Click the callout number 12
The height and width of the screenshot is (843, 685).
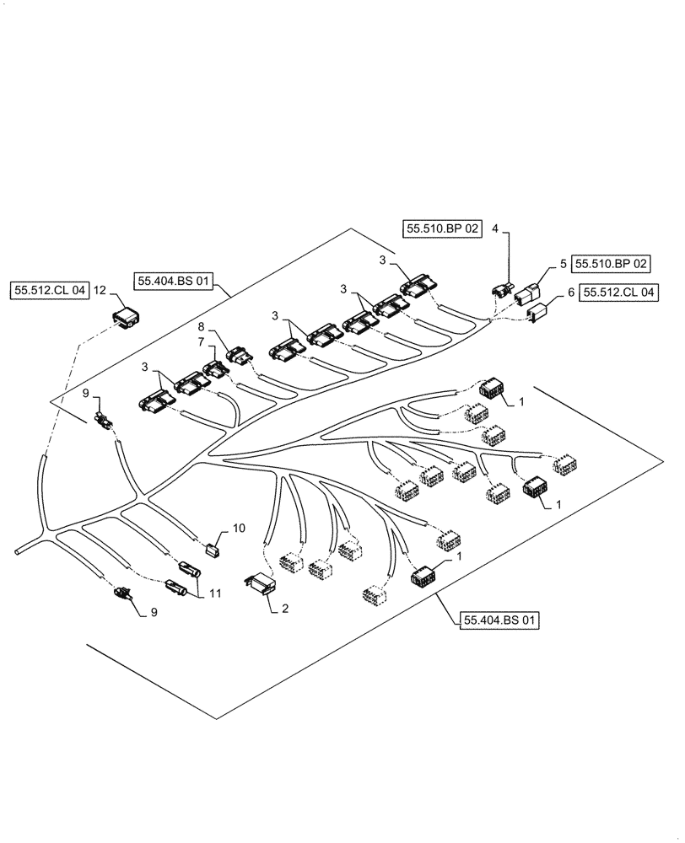100,291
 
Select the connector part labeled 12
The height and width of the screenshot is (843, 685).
127,318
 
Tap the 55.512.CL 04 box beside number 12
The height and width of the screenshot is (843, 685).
50,291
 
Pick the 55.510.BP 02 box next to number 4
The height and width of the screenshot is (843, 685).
442,228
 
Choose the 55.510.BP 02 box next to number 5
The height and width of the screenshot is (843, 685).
612,264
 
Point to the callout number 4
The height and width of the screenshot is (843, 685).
495,228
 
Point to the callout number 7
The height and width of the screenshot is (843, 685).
201,341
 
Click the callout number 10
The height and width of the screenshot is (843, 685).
239,529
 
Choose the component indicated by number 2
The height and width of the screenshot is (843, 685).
260,583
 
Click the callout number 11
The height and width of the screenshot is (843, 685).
216,594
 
